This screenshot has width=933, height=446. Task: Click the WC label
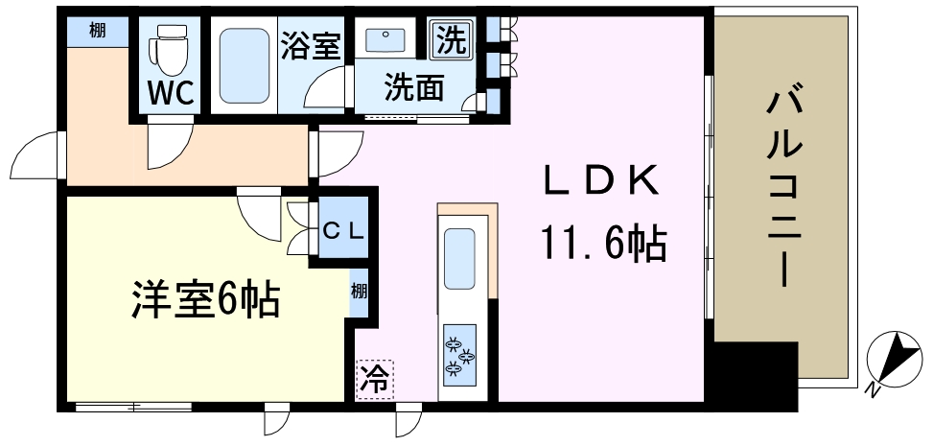pos(171,93)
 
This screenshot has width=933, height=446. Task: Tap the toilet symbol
pos(169,48)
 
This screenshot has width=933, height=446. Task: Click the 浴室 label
pos(310,46)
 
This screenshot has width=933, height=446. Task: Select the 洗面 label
pos(413,88)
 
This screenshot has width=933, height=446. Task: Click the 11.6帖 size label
pos(603,244)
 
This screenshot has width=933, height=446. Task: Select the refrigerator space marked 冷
pos(375,379)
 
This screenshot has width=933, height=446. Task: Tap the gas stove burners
pos(459,356)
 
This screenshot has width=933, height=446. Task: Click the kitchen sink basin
pos(459,259)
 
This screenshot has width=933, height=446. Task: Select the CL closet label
pos(343,231)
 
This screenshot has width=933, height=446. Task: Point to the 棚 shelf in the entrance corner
pos(98,31)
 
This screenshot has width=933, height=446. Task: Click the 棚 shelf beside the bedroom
pos(359,292)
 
